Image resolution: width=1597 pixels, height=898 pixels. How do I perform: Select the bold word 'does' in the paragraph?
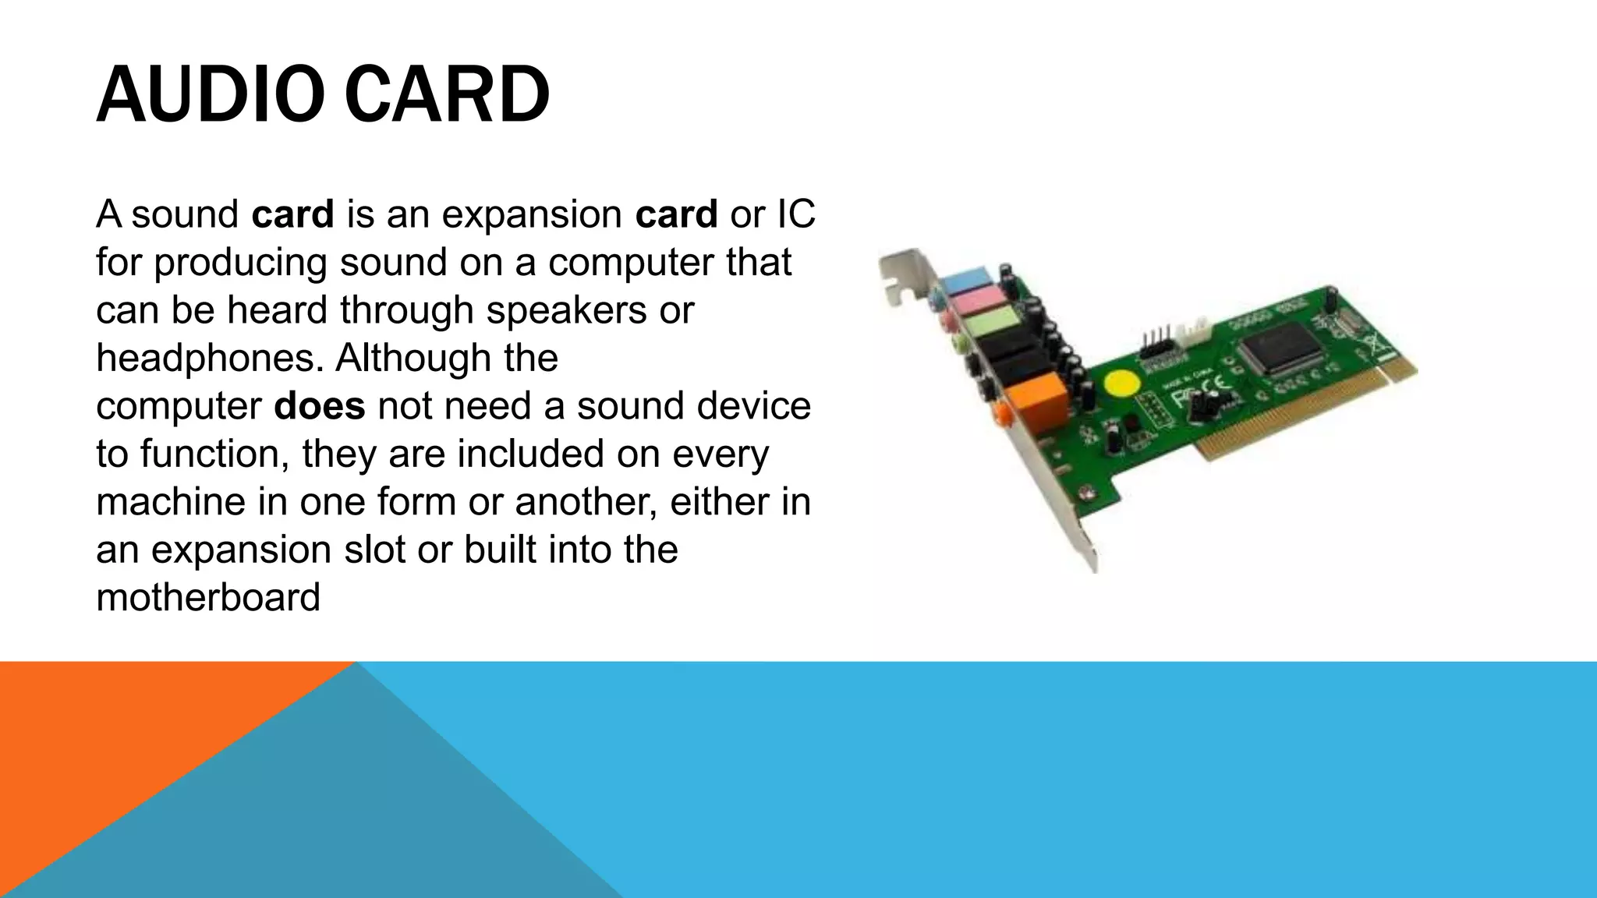320,406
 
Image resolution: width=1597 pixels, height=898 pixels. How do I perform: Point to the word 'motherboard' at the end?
208,598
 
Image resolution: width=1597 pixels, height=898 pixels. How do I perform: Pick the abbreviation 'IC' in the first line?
795,214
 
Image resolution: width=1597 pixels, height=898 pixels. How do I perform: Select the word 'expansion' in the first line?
532,214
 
